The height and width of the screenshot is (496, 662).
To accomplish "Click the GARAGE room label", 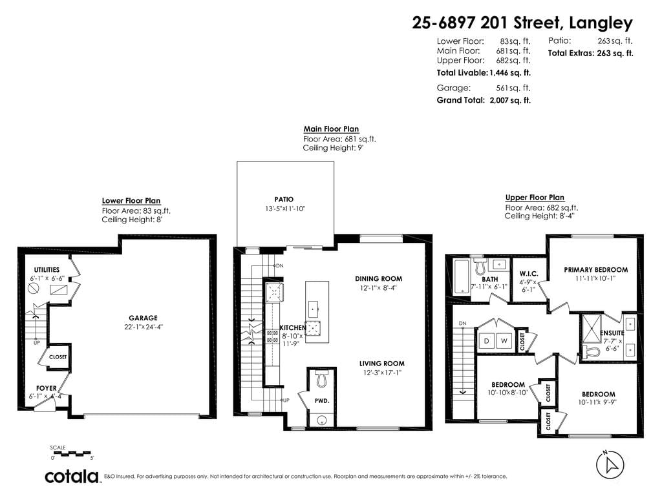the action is (143, 318).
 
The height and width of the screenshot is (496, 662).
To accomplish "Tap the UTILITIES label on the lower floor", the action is (47, 270).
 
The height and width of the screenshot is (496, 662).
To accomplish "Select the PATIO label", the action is (284, 200).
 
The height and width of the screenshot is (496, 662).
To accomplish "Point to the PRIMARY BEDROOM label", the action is (595, 270).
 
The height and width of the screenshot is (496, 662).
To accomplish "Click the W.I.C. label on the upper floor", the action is (529, 274).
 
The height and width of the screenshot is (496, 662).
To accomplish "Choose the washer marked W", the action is (504, 341).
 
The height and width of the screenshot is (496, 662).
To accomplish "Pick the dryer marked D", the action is (487, 341).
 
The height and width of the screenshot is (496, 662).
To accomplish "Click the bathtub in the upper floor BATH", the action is (461, 277).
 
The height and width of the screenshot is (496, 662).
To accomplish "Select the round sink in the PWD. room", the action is (322, 420).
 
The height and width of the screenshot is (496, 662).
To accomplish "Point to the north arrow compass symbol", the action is (610, 465).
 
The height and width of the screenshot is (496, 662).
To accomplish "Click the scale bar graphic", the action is (72, 454).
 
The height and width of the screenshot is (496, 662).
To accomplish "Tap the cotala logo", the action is (72, 477).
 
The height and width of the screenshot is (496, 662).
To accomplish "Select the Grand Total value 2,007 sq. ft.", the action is (510, 100).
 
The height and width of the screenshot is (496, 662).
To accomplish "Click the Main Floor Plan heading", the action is (331, 129).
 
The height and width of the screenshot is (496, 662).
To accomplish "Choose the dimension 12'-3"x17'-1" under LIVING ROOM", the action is (382, 373).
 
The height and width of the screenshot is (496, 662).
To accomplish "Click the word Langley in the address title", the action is (601, 23).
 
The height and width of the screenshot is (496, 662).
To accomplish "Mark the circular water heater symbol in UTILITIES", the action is (34, 289).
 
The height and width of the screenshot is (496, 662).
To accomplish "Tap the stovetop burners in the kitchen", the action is (272, 336).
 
